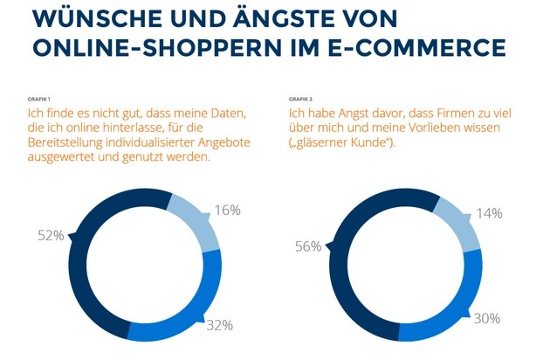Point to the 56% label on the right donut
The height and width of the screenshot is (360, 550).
[x=308, y=247]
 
